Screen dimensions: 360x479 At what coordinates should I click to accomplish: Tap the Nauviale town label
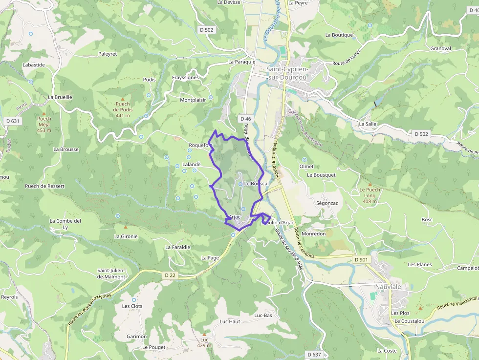tap(388, 287)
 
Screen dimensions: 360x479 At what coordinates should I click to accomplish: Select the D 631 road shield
tap(13, 121)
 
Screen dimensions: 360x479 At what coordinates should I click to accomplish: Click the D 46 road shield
tap(245, 119)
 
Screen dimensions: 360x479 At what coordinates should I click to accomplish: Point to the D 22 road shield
tap(170, 275)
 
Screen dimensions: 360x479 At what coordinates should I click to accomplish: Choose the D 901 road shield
tap(361, 259)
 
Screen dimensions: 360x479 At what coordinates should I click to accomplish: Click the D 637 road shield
tap(314, 354)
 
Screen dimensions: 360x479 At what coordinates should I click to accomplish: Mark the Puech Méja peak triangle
tap(44, 112)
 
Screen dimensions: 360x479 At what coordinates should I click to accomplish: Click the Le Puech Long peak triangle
tap(370, 184)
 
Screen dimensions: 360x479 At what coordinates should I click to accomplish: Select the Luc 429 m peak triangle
tap(204, 334)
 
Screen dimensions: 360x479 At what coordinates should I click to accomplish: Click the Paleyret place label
tap(108, 54)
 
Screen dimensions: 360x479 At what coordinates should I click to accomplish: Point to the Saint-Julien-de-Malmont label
tap(111, 274)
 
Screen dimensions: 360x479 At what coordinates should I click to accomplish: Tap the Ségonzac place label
tap(327, 203)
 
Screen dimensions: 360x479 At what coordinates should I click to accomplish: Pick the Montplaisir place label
tap(193, 100)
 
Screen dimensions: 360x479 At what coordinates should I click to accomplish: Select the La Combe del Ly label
tap(65, 224)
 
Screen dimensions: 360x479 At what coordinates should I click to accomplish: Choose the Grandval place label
tap(440, 49)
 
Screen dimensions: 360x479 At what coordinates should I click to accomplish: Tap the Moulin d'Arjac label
tap(279, 223)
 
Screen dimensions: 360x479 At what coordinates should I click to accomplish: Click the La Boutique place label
tap(339, 35)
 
